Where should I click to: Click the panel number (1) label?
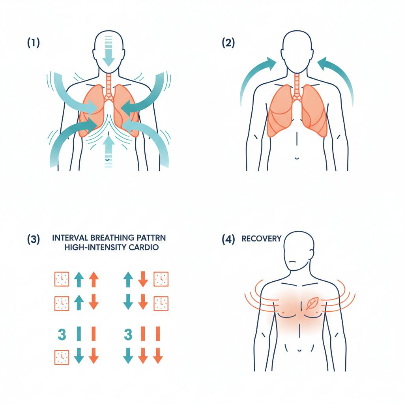coord(34,43)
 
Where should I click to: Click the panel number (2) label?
coord(228,43)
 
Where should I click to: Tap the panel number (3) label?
coord(34,239)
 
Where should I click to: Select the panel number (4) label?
coord(228,239)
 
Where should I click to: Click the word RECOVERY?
coord(261,239)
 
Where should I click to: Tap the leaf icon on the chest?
coord(312,303)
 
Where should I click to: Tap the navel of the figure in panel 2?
coord(297,158)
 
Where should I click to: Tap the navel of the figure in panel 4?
coord(299,350)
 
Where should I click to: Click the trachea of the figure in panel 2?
coord(297,82)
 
